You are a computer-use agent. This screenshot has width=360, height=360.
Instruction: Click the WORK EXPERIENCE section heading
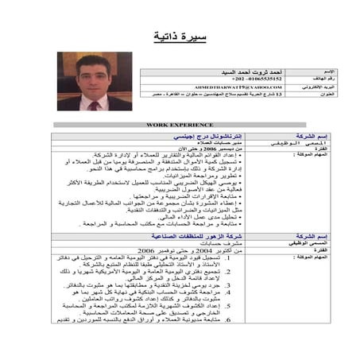180,125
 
